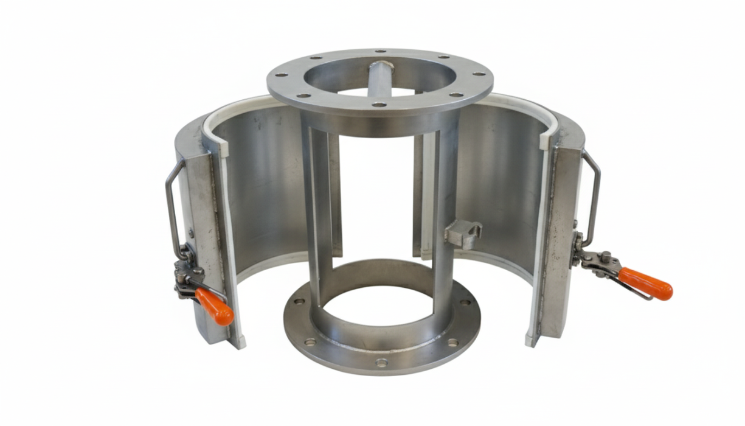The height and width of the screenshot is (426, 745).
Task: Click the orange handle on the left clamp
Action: [x=215, y=307]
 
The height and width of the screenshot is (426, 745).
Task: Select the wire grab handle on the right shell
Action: [x=592, y=195]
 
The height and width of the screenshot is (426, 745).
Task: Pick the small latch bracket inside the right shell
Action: [x=463, y=233]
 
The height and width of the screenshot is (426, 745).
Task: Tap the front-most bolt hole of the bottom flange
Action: [x=381, y=363]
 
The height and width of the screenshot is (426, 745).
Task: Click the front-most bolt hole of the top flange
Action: [x=378, y=105]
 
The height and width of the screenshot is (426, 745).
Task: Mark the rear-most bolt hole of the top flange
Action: [x=379, y=52]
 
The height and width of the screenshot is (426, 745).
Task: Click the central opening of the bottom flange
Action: [x=382, y=304]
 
